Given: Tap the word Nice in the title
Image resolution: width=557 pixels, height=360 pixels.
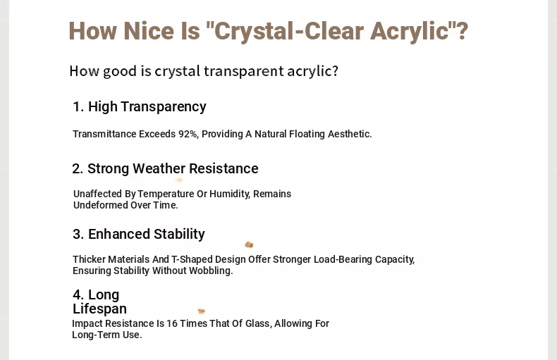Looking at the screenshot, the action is point(149,31).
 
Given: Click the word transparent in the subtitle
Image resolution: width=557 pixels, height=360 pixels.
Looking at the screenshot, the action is point(244,71).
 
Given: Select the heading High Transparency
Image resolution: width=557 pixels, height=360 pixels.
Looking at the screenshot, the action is point(140,106).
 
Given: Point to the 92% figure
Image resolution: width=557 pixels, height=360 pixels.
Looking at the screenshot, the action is point(188,134).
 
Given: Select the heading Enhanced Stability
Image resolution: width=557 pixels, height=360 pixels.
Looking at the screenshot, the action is point(139,235).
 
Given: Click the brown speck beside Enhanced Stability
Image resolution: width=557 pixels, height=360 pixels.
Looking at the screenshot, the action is point(249,244).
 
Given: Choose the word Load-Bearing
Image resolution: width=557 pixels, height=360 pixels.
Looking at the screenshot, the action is point(343,259).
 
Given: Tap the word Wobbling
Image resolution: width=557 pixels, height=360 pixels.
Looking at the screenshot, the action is point(211,271).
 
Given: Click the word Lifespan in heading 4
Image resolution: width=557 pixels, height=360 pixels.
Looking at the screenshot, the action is point(100,309).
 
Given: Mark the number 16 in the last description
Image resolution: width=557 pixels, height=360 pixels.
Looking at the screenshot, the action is point(171,324).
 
